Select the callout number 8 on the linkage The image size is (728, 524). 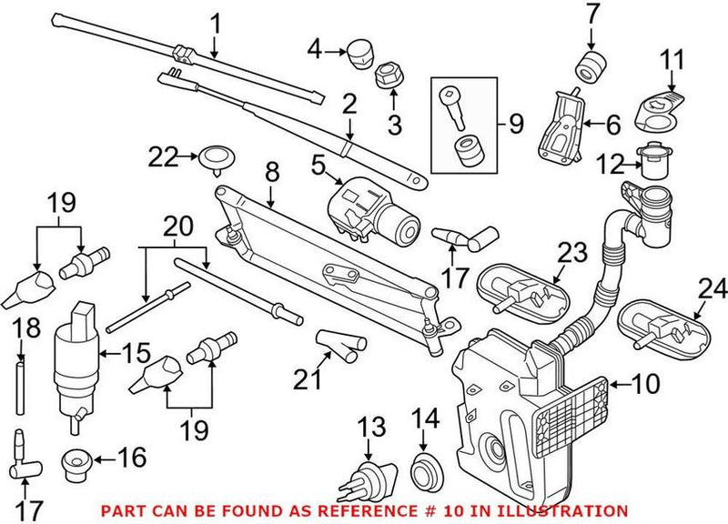tap(270, 169)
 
